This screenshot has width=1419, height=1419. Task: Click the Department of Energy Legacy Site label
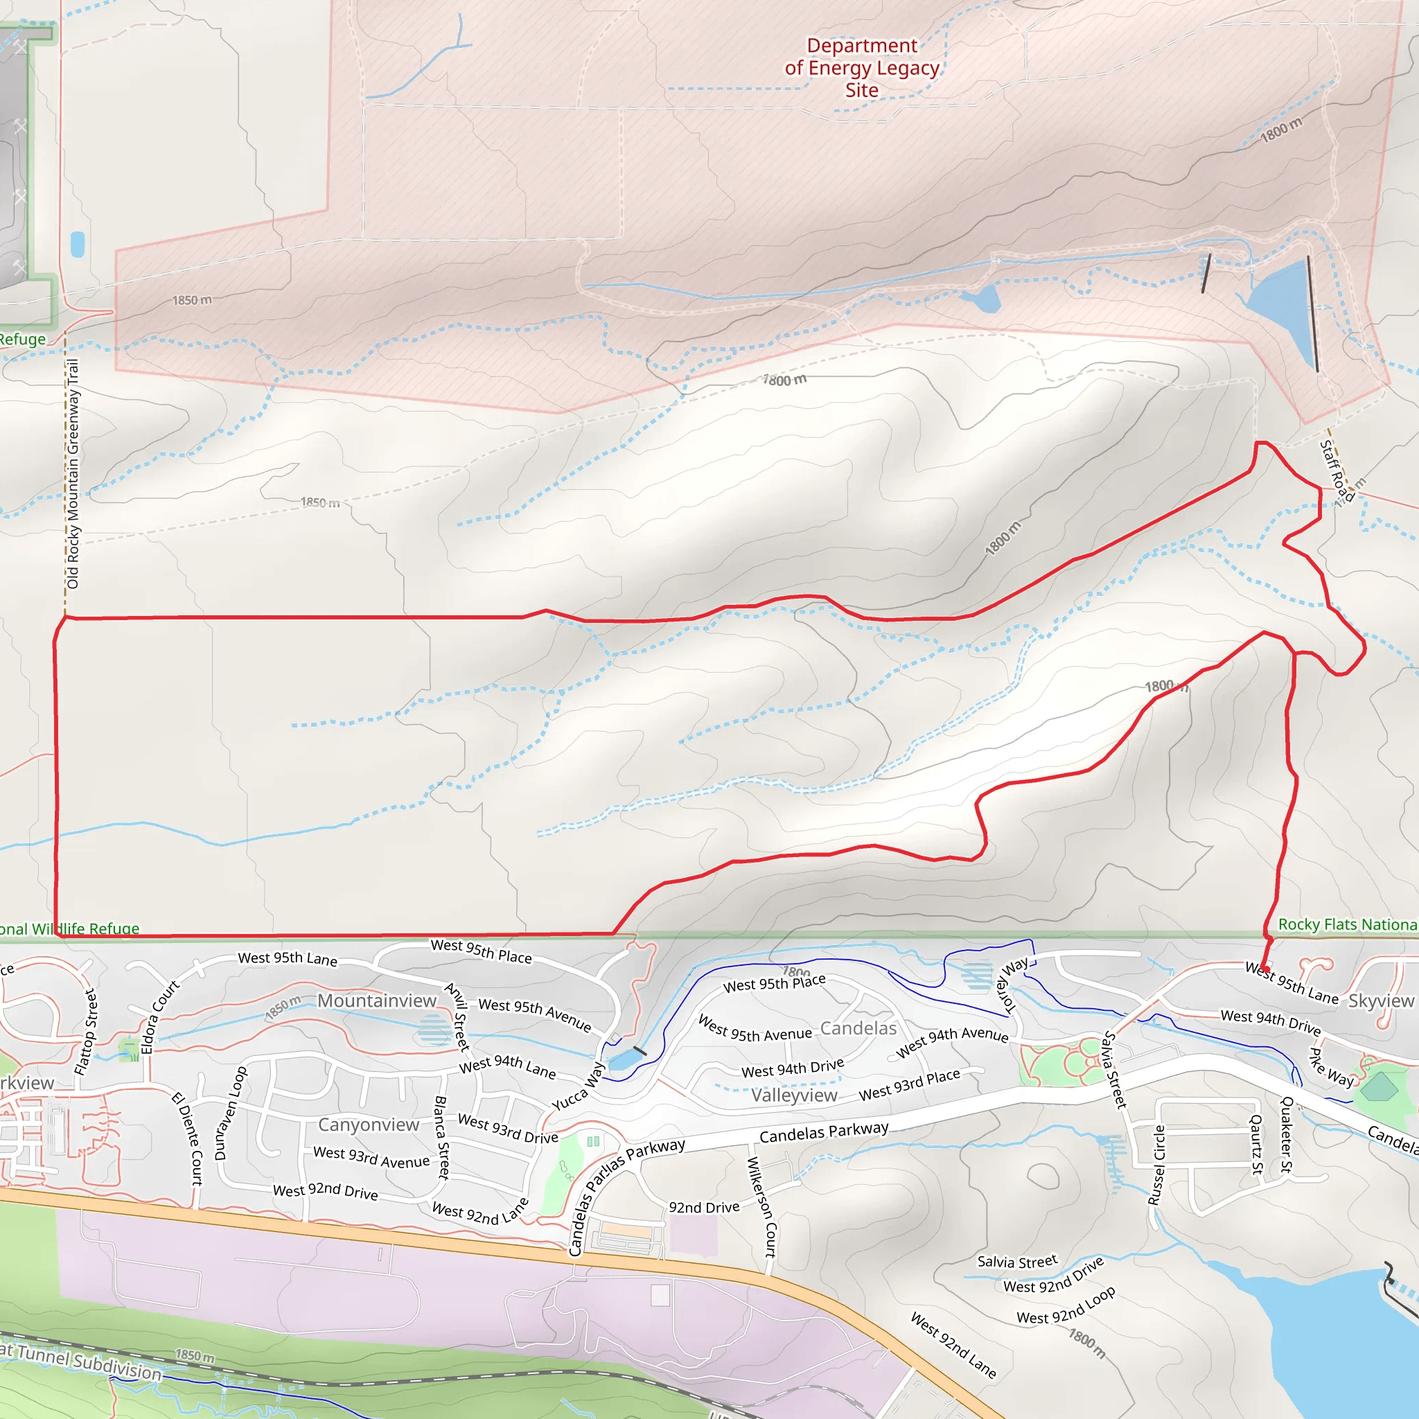tap(861, 68)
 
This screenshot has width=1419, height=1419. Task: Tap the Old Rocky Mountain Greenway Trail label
tap(72, 474)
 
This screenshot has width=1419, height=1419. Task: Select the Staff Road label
tap(1335, 470)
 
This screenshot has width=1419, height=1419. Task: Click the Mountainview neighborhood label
tap(377, 1001)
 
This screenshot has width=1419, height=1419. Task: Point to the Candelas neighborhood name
tap(858, 1028)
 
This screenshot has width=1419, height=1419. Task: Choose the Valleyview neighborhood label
tap(794, 1095)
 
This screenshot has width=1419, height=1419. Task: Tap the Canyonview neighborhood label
tap(368, 1125)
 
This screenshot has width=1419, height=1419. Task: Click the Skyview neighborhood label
tap(1381, 1001)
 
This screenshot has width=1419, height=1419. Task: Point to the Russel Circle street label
tap(1157, 1165)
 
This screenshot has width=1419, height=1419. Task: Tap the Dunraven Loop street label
tap(231, 1113)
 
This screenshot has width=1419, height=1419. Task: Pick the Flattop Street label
tap(86, 1032)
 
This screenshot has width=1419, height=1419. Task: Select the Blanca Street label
tap(441, 1138)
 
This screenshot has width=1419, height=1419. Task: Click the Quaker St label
tap(1287, 1134)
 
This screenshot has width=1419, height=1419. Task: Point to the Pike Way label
tap(1331, 1067)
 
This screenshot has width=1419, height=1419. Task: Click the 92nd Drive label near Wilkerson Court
tap(704, 1208)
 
